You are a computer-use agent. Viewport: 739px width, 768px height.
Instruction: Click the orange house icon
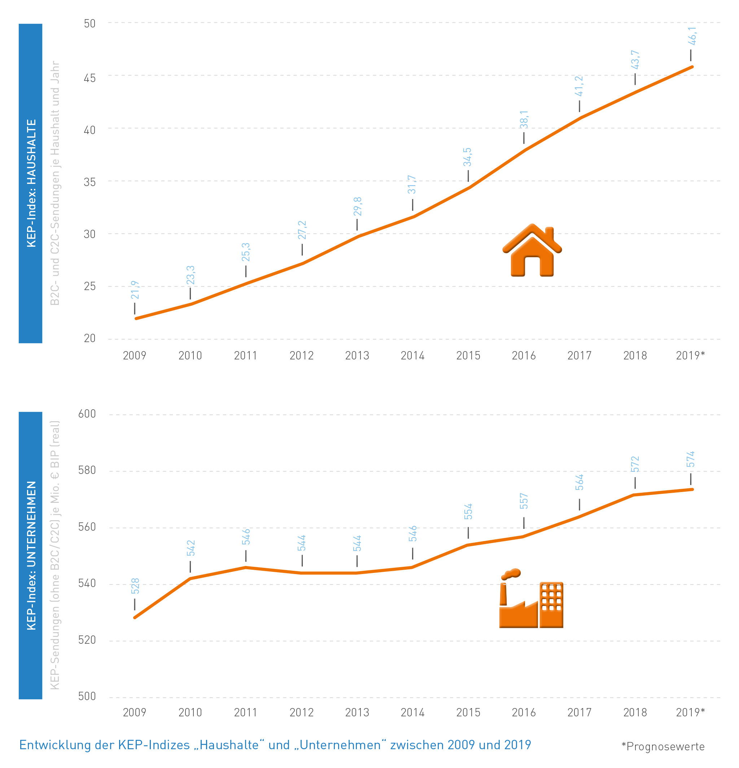(x=532, y=251)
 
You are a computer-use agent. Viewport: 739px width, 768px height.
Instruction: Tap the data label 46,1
(x=692, y=36)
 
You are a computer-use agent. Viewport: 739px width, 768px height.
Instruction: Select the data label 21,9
(x=135, y=290)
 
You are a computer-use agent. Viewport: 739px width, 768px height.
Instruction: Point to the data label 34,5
(x=467, y=157)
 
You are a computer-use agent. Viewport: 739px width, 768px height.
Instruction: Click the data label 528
(x=135, y=586)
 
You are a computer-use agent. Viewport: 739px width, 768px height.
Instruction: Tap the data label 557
(x=524, y=501)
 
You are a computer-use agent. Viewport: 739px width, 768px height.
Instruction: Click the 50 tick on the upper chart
(x=89, y=23)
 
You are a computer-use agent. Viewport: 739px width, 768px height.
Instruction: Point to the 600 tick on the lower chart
(x=87, y=414)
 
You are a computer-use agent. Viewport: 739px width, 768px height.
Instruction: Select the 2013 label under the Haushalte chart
(x=357, y=355)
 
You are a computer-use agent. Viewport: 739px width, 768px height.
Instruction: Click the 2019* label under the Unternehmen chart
(x=690, y=712)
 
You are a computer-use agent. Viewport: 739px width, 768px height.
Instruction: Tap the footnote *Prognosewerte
(x=663, y=746)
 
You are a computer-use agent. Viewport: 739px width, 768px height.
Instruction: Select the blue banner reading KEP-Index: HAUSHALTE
(x=31, y=184)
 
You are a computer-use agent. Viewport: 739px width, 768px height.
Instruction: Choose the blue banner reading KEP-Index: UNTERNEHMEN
(x=31, y=555)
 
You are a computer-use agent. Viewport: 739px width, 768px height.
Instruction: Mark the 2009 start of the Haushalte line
(x=136, y=319)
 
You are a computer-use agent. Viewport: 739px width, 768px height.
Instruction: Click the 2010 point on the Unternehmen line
(x=190, y=578)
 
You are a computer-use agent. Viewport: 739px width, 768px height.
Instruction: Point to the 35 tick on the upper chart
(x=89, y=182)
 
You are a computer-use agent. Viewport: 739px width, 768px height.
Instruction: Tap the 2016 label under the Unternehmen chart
(x=524, y=712)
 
